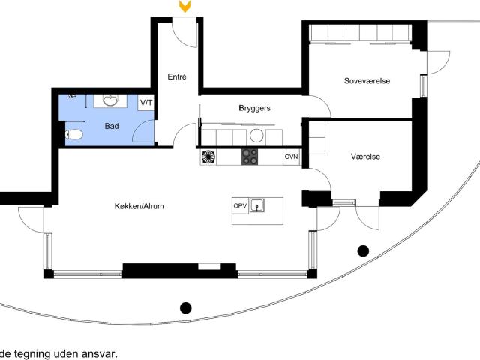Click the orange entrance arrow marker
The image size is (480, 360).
pos(185,7)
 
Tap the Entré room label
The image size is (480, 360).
pos(177,76)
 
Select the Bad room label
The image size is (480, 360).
pos(112,126)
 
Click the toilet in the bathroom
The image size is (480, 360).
pos(73,135)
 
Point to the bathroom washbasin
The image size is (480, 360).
pos(110,100)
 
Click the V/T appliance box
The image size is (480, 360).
pos(146,103)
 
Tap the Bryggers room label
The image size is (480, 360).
pos(255,108)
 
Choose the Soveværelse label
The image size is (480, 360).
pos(367,81)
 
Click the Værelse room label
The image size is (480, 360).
pos(365,157)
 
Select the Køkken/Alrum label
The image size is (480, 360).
pos(139,206)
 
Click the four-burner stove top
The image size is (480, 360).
pos(250,157)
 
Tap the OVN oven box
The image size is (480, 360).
pos(292,157)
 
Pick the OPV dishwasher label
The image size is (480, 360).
pos(240,205)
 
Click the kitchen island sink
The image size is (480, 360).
pos(256,205)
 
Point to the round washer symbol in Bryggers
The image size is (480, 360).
pos(256,136)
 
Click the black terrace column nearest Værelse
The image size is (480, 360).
pos(363,250)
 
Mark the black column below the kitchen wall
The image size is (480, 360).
pos(185,307)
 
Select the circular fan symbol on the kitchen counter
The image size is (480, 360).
pos(208,157)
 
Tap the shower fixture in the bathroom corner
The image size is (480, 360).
pos(73,96)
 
